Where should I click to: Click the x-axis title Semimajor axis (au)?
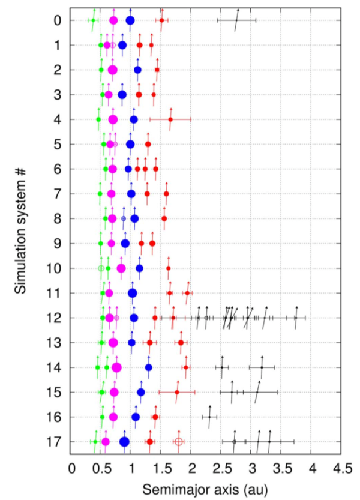(x=206, y=487)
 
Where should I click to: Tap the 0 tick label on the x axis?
(x=71, y=467)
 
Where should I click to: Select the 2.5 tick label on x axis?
(x=222, y=467)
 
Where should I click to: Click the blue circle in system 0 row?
(x=130, y=20)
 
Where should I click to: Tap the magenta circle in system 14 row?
(x=116, y=367)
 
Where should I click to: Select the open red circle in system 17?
(x=179, y=442)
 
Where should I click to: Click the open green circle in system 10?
(x=101, y=268)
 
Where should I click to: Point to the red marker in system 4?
(x=170, y=119)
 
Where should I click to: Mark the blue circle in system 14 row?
(x=149, y=367)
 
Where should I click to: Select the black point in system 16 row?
(x=209, y=417)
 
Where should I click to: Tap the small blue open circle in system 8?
(x=124, y=218)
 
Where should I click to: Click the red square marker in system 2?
(x=157, y=70)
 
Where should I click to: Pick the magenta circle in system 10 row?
(x=121, y=268)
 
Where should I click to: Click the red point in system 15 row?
(x=177, y=392)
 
